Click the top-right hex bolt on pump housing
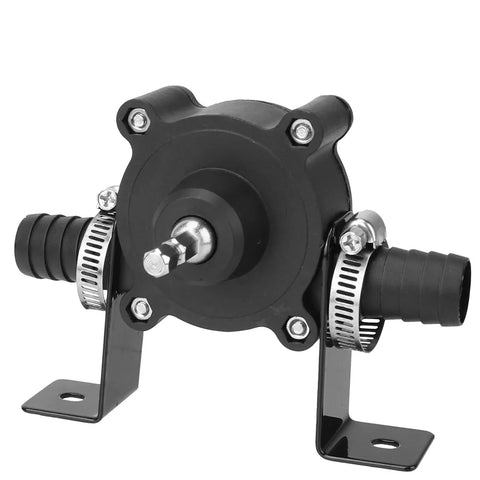[301, 129]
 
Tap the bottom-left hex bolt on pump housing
[142, 308]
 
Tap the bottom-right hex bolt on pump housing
[297, 326]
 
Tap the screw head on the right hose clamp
[352, 240]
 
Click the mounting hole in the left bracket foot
[69, 396]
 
